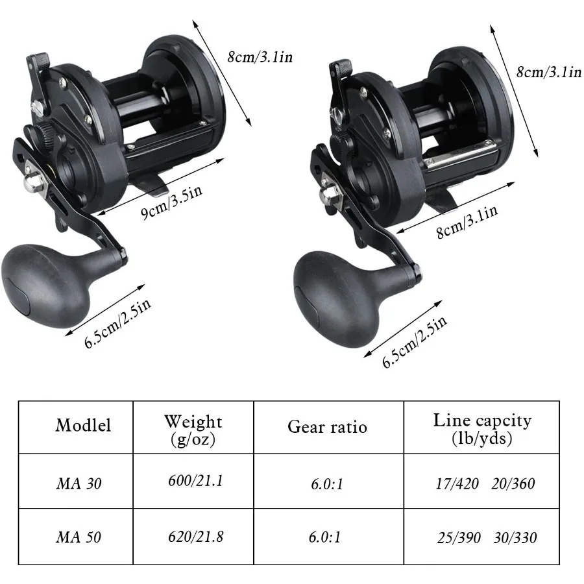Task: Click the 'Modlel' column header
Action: [83, 426]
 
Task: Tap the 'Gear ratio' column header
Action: [327, 427]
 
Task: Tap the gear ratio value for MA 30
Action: [327, 483]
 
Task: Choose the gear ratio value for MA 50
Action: [327, 537]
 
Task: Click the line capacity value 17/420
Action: [456, 483]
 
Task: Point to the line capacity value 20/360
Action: [513, 483]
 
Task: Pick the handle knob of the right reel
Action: [331, 288]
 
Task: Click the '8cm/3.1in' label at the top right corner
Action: [548, 72]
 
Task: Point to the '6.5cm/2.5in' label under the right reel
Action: [415, 341]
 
